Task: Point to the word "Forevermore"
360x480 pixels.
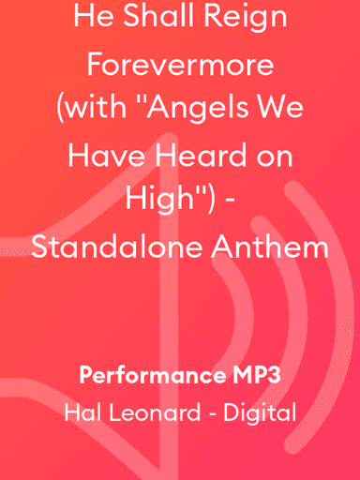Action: tap(180, 67)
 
